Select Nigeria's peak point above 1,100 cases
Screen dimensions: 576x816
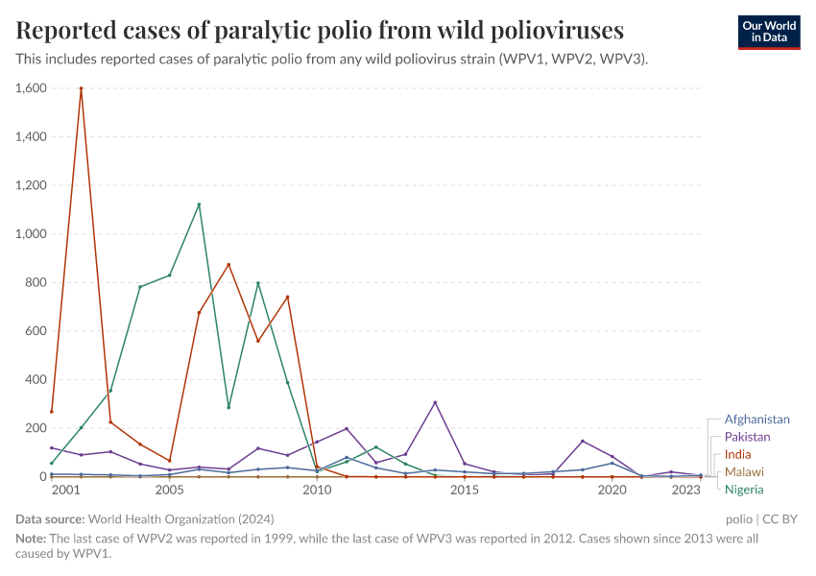coord(199,204)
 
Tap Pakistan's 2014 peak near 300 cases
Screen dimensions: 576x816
coord(435,402)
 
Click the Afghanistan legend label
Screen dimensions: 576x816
coord(756,420)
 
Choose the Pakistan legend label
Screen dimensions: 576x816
coord(747,437)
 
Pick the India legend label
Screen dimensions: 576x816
coord(738,454)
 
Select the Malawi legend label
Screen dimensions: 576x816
coord(744,471)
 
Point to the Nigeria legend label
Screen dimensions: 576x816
coord(744,489)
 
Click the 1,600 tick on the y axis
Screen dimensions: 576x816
coord(31,88)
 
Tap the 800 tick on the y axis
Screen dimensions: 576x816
coord(36,282)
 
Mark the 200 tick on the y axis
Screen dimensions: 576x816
coord(36,428)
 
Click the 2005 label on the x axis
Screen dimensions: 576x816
coord(169,491)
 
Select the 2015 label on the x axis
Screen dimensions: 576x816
coord(465,491)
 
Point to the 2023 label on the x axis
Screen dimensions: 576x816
coord(685,491)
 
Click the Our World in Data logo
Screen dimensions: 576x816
coord(768,32)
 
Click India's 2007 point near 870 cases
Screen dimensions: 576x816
coord(228,265)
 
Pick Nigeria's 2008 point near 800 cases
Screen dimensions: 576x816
coord(258,283)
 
